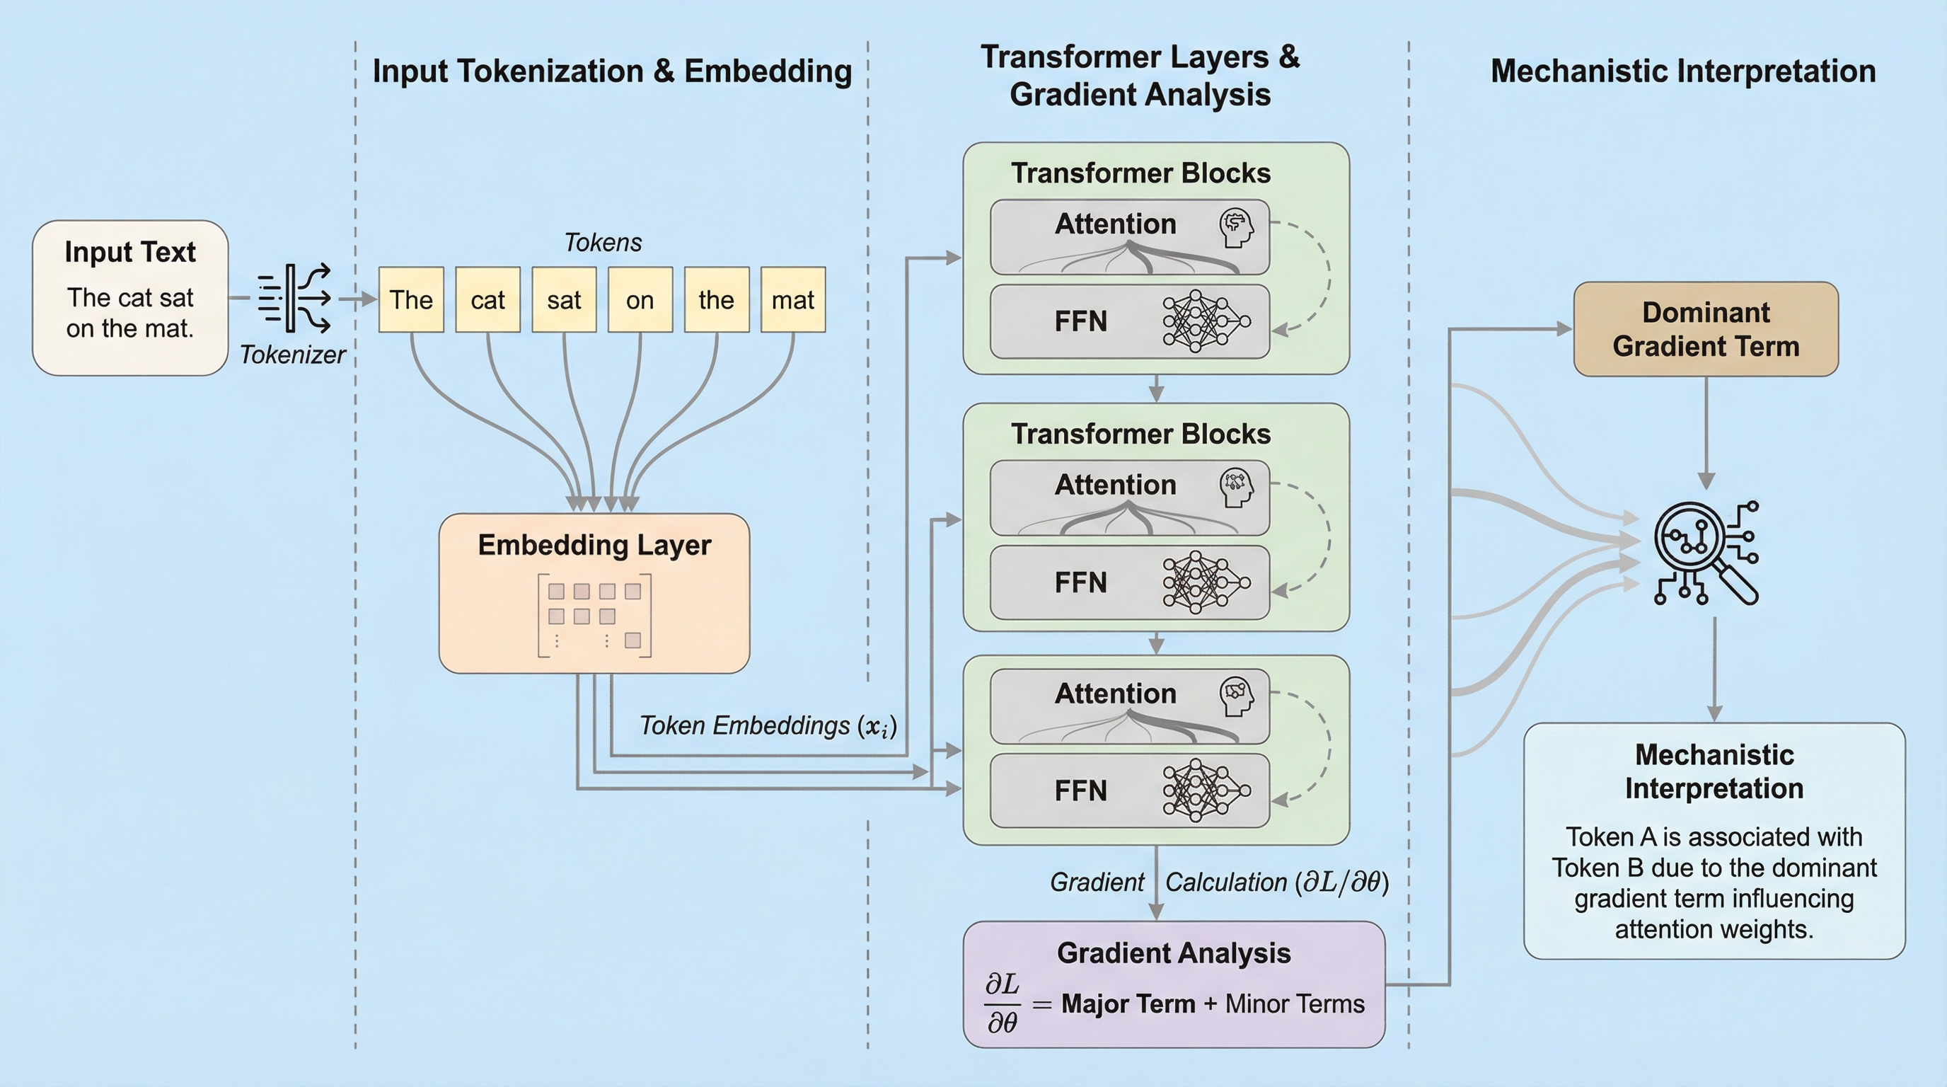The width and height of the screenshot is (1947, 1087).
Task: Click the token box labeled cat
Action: pos(487,300)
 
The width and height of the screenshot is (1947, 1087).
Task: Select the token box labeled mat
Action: pos(793,300)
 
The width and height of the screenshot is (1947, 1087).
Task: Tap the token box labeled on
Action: pos(640,300)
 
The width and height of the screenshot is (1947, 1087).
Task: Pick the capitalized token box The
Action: pos(411,300)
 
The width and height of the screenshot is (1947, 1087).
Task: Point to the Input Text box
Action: pos(130,297)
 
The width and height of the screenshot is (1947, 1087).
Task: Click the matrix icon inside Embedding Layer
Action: pos(594,615)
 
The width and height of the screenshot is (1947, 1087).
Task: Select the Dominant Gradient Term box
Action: pos(1706,330)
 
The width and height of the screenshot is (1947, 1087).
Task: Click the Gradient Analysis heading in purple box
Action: pos(1173,953)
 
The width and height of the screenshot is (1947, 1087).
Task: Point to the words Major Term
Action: pos(1128,1004)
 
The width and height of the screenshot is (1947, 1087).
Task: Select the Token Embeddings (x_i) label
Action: pos(768,725)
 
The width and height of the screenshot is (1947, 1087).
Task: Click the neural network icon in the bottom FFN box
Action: pos(1206,790)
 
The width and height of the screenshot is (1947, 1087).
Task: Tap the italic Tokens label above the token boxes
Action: pos(603,243)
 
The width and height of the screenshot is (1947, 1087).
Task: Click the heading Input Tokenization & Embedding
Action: pos(612,71)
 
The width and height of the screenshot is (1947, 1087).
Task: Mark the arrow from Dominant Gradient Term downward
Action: pos(1706,431)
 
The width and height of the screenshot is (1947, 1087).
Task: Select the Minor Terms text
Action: pos(1295,1004)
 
